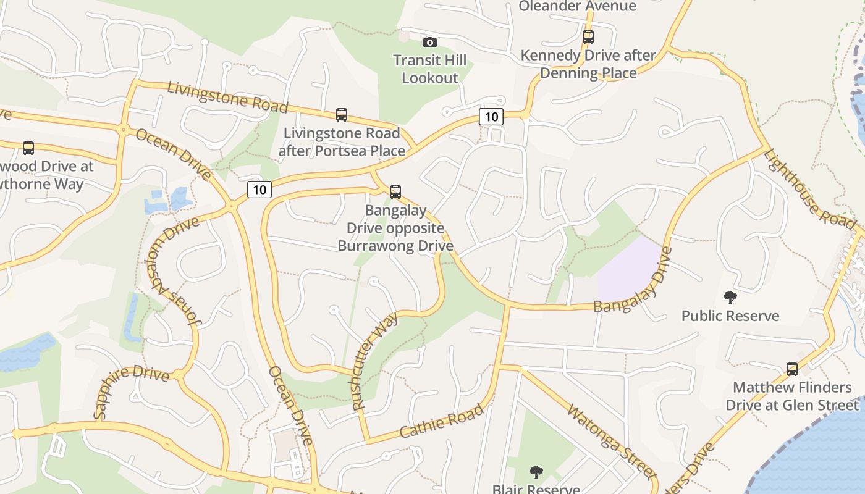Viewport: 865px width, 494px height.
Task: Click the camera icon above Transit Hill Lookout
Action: (x=429, y=42)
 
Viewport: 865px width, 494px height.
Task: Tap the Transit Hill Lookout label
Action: (x=430, y=69)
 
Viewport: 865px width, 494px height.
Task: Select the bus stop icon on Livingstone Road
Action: (x=342, y=114)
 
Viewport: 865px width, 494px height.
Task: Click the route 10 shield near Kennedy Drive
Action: (x=491, y=116)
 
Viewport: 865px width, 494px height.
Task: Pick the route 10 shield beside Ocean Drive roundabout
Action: (x=259, y=190)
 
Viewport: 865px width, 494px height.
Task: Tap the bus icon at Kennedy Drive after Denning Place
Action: (x=588, y=37)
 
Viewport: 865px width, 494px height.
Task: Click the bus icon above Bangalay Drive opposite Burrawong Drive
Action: (x=395, y=191)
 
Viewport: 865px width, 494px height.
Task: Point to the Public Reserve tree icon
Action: (x=730, y=298)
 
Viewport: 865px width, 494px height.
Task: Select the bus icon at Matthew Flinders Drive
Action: (x=792, y=369)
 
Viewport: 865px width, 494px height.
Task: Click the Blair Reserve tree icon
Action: (x=536, y=473)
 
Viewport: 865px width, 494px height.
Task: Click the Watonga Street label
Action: (x=610, y=440)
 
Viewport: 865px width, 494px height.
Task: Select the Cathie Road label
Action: (x=441, y=421)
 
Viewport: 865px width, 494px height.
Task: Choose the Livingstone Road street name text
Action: (x=227, y=97)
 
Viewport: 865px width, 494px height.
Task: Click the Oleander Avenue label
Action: (x=577, y=6)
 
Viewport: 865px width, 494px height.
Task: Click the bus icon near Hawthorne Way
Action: (x=28, y=148)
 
